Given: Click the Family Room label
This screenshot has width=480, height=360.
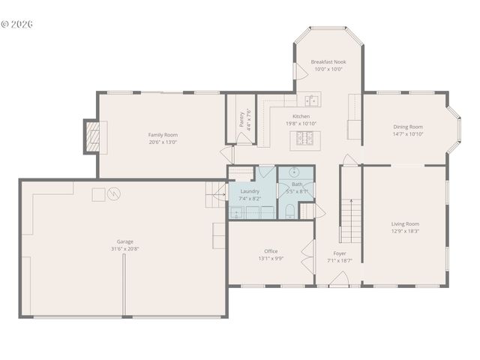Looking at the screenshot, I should (163, 134).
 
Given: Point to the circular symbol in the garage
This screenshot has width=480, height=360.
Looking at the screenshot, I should (114, 194).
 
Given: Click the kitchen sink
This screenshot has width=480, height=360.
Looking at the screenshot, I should (312, 100).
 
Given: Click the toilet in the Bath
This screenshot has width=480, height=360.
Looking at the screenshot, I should (290, 212).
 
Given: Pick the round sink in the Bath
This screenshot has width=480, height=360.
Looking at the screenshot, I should (295, 172).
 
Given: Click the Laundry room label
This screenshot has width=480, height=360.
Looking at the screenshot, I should (250, 190).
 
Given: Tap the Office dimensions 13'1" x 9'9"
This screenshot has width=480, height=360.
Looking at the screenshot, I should (271, 259).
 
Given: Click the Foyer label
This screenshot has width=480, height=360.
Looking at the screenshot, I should (340, 253).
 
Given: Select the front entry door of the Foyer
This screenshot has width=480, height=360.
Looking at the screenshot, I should (339, 280).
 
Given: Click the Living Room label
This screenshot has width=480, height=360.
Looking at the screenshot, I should (405, 223).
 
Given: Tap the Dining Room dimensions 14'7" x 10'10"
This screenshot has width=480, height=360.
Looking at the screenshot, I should (408, 134).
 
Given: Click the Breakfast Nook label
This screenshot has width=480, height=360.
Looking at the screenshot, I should (328, 61).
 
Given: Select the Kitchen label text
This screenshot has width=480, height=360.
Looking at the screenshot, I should (301, 116).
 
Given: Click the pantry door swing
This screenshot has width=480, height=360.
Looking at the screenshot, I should (226, 154).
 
